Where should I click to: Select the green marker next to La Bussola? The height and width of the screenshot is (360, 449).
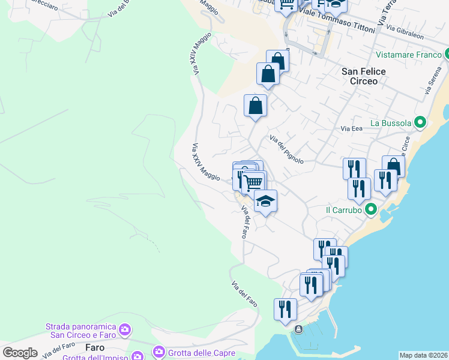pos(420,123)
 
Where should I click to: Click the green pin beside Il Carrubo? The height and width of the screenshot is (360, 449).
pos(371,210)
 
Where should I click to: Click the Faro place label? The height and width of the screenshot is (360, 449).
pos(95,347)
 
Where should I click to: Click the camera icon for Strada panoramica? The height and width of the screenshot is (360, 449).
pos(124,329)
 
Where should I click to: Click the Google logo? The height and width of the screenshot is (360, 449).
pos(20,352)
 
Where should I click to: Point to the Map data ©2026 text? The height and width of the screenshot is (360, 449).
pos(423,355)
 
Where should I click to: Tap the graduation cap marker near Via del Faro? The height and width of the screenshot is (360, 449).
pos(265,201)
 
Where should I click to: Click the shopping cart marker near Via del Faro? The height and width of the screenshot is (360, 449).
pos(255,182)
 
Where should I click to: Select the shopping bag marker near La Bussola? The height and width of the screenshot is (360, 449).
pos(393,167)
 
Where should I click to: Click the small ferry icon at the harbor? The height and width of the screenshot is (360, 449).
pos(299,329)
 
